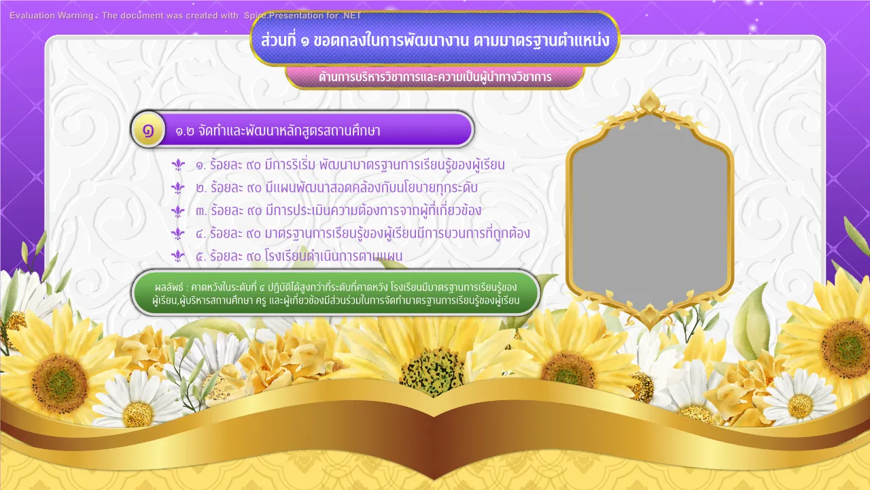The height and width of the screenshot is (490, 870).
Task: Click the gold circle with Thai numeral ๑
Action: click(x=148, y=130)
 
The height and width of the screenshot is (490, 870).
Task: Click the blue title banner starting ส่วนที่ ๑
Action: click(x=435, y=39)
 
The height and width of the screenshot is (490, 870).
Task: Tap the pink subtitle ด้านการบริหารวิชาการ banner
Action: click(x=435, y=77)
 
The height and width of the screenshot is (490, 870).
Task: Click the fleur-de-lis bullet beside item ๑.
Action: click(x=178, y=165)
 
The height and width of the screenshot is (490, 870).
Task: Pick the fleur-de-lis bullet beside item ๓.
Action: click(x=178, y=211)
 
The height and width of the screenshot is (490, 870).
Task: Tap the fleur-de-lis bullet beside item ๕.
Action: click(x=178, y=256)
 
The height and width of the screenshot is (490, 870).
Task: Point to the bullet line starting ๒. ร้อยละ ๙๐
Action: click(x=336, y=188)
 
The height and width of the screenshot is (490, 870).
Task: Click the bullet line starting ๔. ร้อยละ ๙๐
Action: click(x=363, y=233)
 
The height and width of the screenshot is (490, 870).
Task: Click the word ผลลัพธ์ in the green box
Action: click(x=169, y=287)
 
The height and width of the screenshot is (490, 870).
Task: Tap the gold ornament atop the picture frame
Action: click(x=649, y=102)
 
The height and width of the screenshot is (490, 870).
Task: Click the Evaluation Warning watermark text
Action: click(x=186, y=16)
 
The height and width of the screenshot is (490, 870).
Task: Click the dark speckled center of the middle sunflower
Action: click(x=432, y=372)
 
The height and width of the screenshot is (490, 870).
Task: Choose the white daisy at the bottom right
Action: click(x=799, y=401)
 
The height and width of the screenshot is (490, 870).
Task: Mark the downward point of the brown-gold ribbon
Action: click(x=434, y=478)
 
